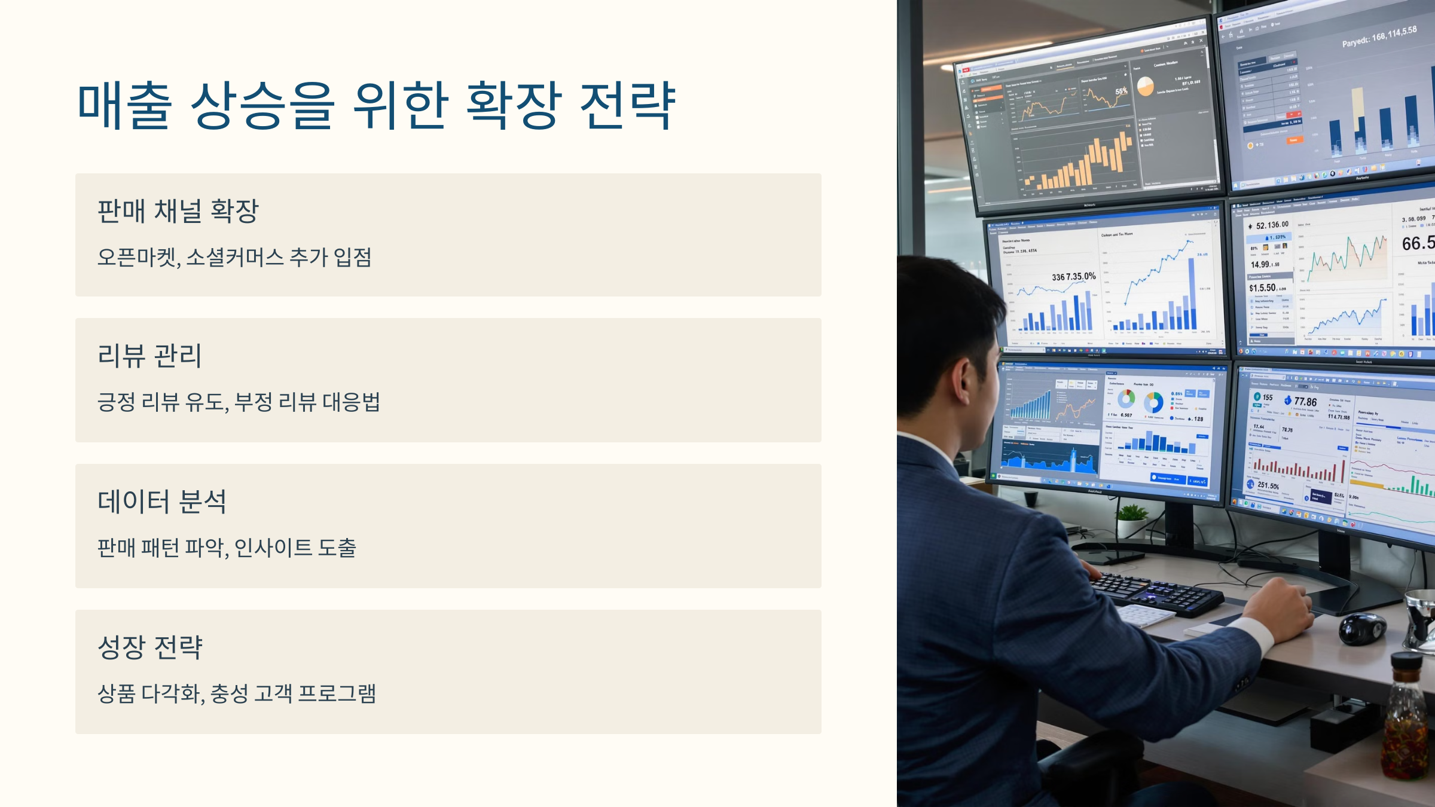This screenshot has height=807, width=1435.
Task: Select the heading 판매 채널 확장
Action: (178, 211)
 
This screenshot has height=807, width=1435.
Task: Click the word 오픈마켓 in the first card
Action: (138, 258)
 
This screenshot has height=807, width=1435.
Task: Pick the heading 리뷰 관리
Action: (149, 356)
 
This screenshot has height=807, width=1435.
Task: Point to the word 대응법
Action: (351, 402)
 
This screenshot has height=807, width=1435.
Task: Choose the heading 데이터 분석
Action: (161, 502)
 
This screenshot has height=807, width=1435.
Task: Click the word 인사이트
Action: (273, 548)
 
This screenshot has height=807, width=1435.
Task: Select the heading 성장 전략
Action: (150, 647)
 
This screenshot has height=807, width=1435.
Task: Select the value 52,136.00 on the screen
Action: (1272, 225)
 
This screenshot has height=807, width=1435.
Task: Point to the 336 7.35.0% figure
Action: (1074, 277)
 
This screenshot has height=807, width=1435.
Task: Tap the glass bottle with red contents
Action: (1405, 723)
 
